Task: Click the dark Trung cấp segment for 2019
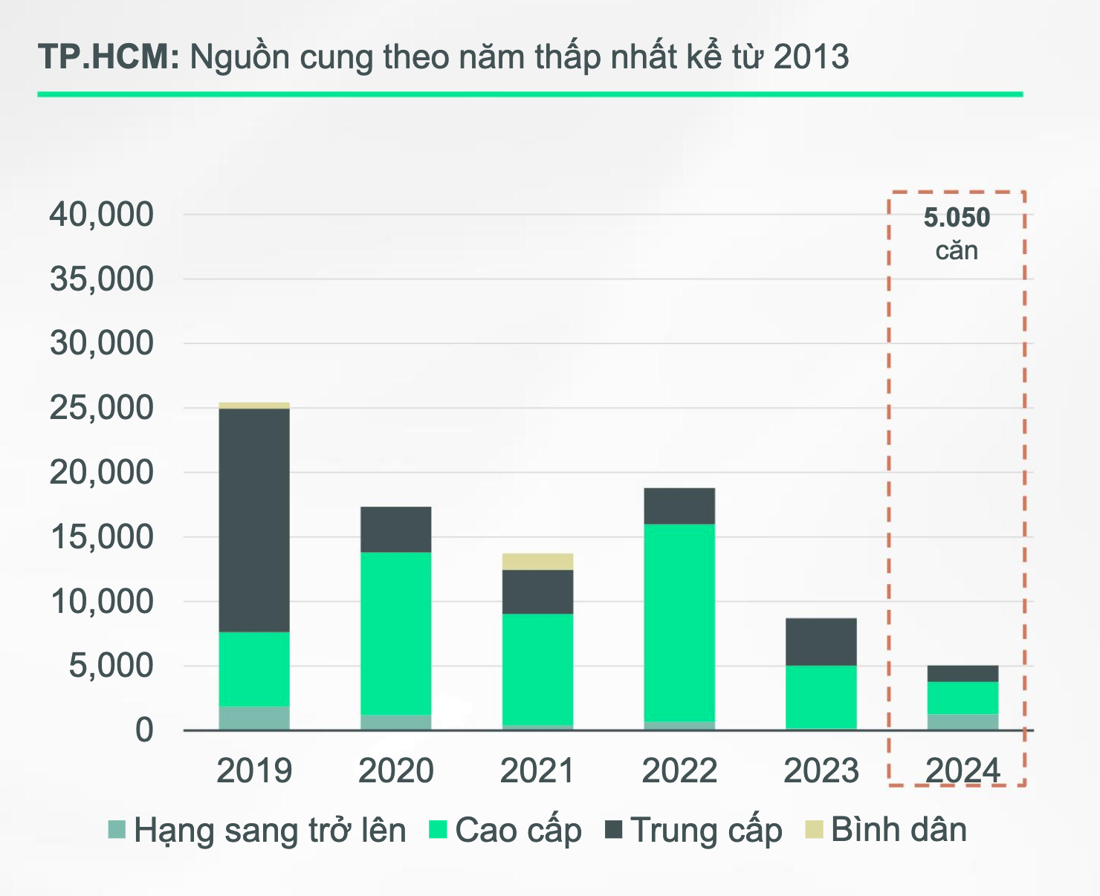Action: point(254,520)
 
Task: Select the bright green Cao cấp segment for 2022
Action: point(679,623)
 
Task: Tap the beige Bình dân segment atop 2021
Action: point(537,562)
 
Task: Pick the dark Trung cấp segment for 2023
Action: point(821,642)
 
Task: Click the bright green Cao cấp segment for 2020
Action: point(395,633)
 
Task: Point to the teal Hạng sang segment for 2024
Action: point(962,721)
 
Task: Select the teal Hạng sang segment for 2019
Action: point(254,718)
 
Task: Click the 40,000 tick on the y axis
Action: point(102,215)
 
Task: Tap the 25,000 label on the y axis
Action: point(102,408)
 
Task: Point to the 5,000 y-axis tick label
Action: point(111,666)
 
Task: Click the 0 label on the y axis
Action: point(144,730)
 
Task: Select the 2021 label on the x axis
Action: point(537,770)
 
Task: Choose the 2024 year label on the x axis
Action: point(962,770)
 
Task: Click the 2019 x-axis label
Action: point(254,770)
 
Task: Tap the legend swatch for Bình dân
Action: point(815,829)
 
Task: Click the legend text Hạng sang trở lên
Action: point(270,830)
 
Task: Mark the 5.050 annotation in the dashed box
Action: point(957,218)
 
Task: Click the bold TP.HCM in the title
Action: point(109,57)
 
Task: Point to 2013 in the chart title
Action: point(811,57)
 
